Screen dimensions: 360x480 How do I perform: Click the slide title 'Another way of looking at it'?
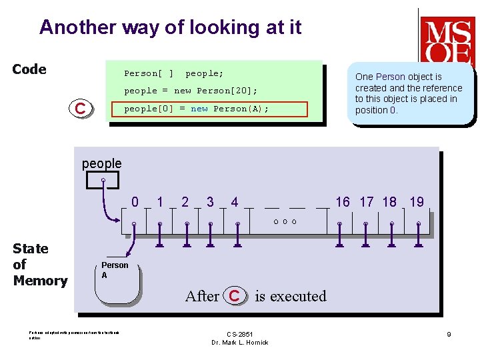click(170, 27)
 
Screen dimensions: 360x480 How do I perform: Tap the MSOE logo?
click(447, 41)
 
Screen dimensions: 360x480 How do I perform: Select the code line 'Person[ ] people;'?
click(174, 73)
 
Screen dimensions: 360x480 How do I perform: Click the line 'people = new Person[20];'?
click(191, 91)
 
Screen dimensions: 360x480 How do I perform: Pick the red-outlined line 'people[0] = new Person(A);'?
click(197, 109)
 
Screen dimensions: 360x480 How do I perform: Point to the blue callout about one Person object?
click(409, 93)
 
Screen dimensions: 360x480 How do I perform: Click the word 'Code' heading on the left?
click(29, 69)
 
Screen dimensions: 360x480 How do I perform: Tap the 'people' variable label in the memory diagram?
click(101, 163)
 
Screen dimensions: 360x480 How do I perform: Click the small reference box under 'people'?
click(103, 180)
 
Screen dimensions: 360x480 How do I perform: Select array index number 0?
click(135, 201)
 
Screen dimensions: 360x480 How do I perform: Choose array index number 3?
click(210, 201)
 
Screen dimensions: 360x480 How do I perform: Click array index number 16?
click(343, 201)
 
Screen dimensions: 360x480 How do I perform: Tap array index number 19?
click(417, 201)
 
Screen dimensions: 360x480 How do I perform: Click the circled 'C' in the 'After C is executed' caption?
click(234, 295)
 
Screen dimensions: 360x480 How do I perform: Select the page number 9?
click(449, 334)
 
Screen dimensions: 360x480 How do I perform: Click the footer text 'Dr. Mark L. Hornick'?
click(239, 343)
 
